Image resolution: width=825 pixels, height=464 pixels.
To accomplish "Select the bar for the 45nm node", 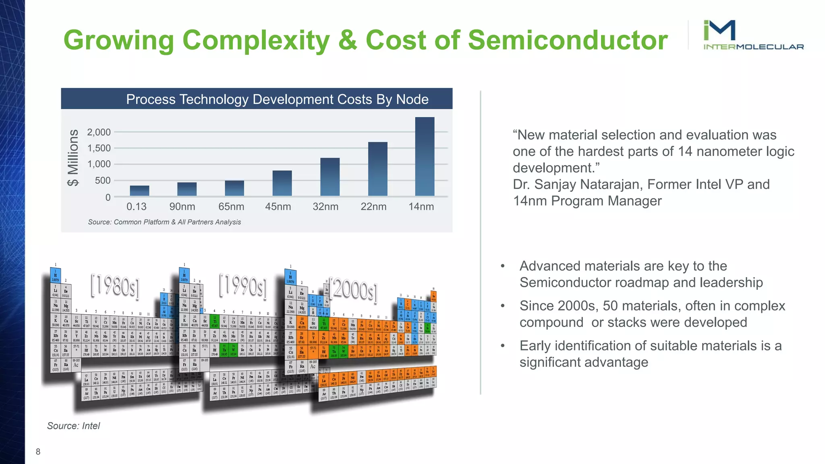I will point(282,183).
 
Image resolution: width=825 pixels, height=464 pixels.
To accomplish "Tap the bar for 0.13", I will point(139,191).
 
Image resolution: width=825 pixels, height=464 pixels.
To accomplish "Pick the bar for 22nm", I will point(377,169).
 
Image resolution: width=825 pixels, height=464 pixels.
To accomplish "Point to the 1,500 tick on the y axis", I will point(99,148).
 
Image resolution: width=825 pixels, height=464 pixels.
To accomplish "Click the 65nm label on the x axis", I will point(231,207).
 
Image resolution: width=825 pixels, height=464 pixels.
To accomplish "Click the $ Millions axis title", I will point(73,157).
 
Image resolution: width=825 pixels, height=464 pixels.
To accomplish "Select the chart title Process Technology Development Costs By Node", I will point(277,99).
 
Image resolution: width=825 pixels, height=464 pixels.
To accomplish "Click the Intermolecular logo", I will point(752,35).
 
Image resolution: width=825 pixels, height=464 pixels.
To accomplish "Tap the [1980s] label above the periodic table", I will point(115,286).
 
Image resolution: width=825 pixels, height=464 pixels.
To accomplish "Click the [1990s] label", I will point(243,286).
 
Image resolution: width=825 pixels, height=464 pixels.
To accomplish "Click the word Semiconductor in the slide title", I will point(567,40).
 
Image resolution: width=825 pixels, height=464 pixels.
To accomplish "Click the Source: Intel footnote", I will point(73,426).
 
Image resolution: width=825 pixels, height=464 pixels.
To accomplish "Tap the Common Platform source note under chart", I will point(164,222).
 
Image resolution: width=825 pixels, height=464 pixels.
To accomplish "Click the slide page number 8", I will point(38,452).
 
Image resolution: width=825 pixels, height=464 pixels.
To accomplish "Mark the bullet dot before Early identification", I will point(502,346).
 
